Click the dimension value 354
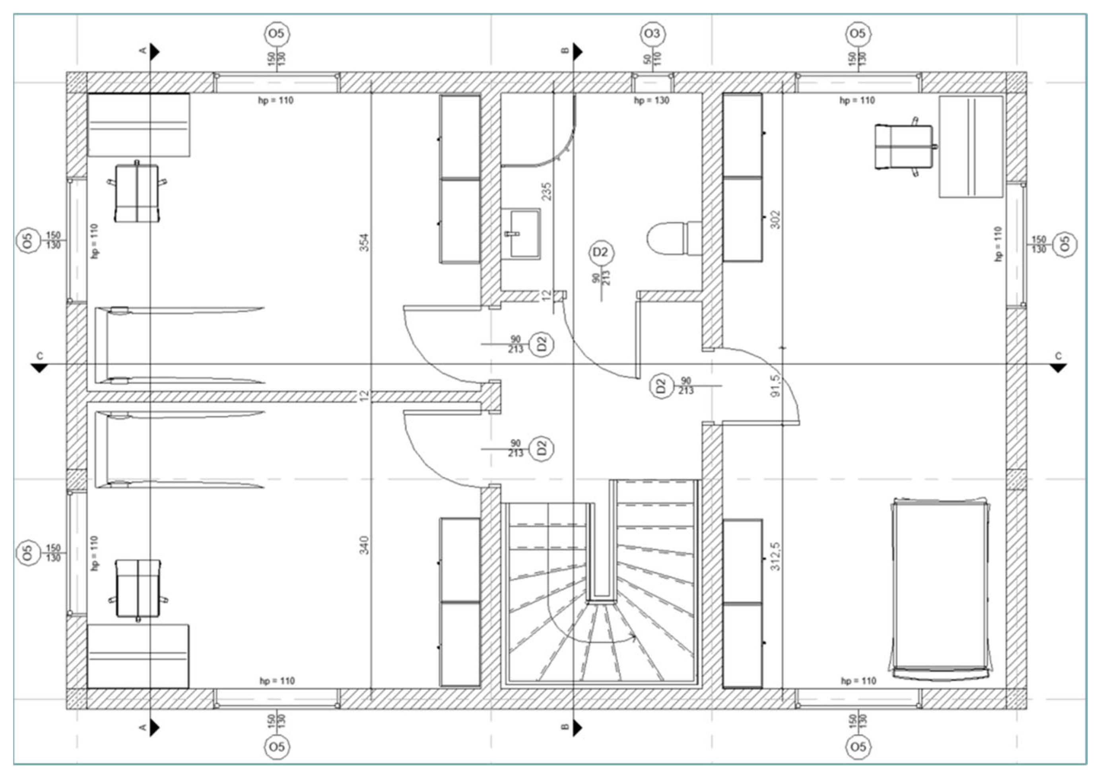point(365,242)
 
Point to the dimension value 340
point(365,545)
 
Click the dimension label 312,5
point(775,556)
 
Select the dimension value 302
point(775,219)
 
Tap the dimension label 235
point(546,191)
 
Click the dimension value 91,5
point(775,386)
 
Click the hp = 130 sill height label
point(651,100)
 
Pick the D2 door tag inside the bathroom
point(600,252)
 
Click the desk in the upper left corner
point(138,125)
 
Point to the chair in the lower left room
point(138,588)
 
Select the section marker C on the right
point(1058,367)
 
